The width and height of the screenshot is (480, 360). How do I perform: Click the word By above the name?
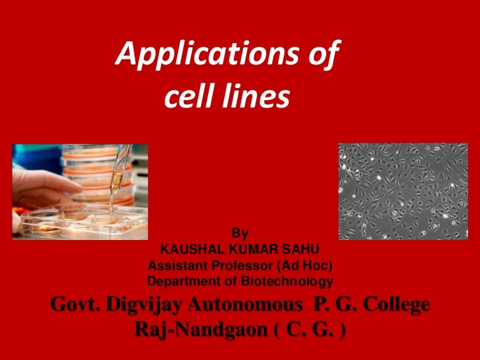pyautogui.click(x=240, y=234)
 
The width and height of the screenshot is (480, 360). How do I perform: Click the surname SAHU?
pyautogui.click(x=299, y=249)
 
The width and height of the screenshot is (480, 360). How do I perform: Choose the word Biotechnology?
pyautogui.click(x=292, y=281)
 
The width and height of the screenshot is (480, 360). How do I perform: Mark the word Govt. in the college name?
pyautogui.click(x=71, y=304)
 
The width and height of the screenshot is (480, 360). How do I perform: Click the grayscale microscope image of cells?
pyautogui.click(x=402, y=191)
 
